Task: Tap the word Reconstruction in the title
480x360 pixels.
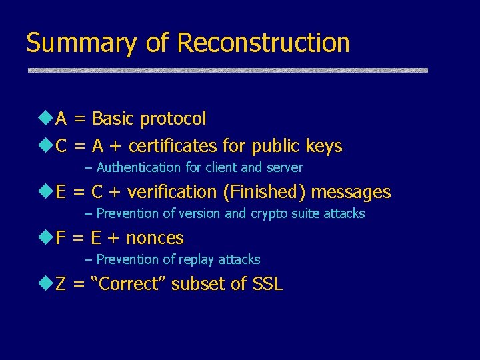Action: (263, 42)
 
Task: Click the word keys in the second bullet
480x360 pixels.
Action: (324, 146)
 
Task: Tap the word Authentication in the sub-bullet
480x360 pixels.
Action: (139, 167)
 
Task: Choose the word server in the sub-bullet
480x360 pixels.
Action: (285, 167)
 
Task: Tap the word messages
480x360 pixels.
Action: (351, 192)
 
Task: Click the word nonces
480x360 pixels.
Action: (155, 238)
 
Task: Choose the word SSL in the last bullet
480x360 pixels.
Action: (268, 284)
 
